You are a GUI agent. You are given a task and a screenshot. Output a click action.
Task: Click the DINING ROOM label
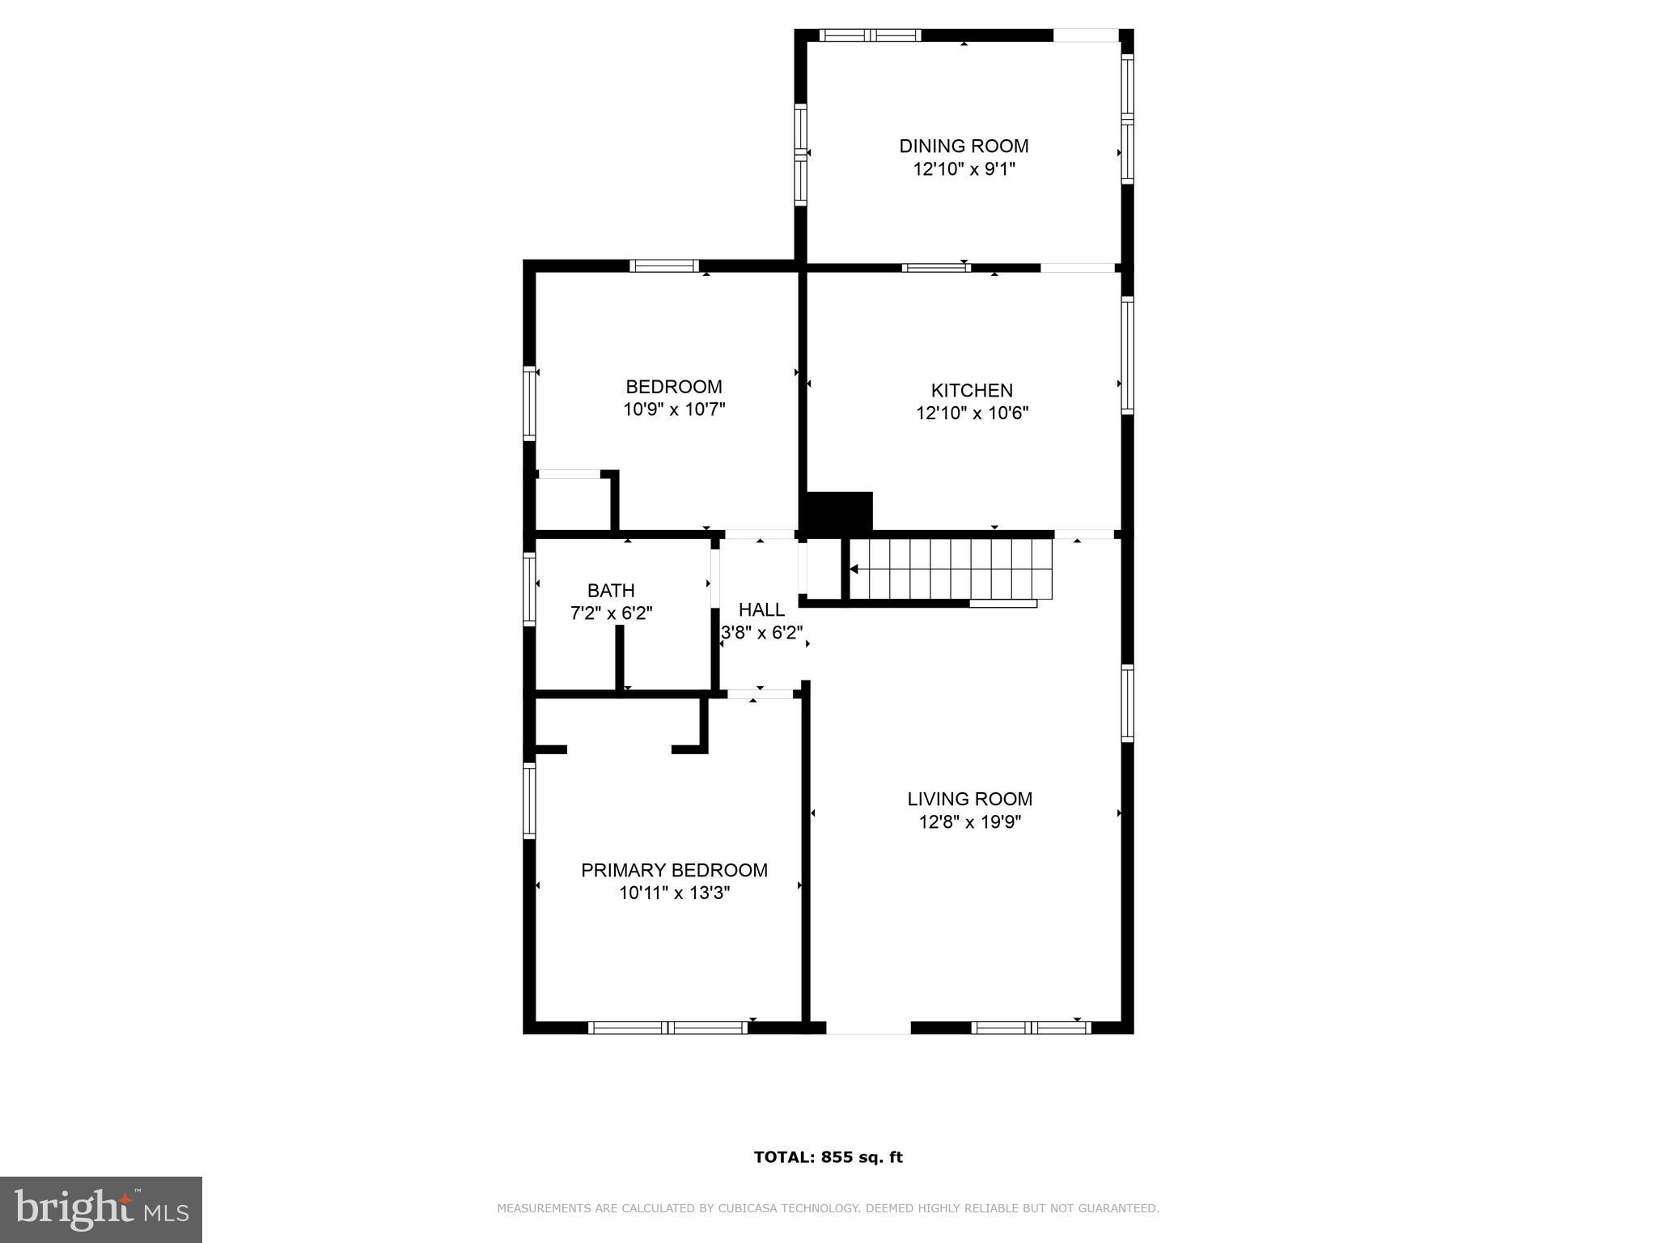964,146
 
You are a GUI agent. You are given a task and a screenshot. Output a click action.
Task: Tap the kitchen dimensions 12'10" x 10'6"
972,414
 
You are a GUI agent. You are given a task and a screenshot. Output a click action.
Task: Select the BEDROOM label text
673,387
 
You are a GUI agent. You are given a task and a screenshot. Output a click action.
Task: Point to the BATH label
611,591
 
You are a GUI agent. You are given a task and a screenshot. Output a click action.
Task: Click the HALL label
761,610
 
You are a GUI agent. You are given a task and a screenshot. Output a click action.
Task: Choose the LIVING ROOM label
969,800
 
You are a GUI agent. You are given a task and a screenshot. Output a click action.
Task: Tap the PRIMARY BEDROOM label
674,871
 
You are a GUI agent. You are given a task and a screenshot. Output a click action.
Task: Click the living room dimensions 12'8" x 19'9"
969,823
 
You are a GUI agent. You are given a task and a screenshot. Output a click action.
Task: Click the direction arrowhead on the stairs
853,570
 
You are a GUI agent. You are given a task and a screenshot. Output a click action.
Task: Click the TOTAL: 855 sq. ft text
828,1157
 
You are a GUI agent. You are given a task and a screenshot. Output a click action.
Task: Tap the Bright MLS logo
101,1209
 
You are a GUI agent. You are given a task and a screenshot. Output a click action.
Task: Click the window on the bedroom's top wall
664,265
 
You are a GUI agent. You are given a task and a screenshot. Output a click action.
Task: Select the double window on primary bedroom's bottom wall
667,1028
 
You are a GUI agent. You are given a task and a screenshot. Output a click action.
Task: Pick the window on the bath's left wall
529,588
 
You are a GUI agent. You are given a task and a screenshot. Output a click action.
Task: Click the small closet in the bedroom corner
572,503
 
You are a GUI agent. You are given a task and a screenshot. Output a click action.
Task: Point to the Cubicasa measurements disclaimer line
828,1208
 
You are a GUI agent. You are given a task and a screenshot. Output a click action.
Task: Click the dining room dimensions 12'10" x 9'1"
964,170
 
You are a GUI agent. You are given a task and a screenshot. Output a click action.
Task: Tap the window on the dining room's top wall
870,36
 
